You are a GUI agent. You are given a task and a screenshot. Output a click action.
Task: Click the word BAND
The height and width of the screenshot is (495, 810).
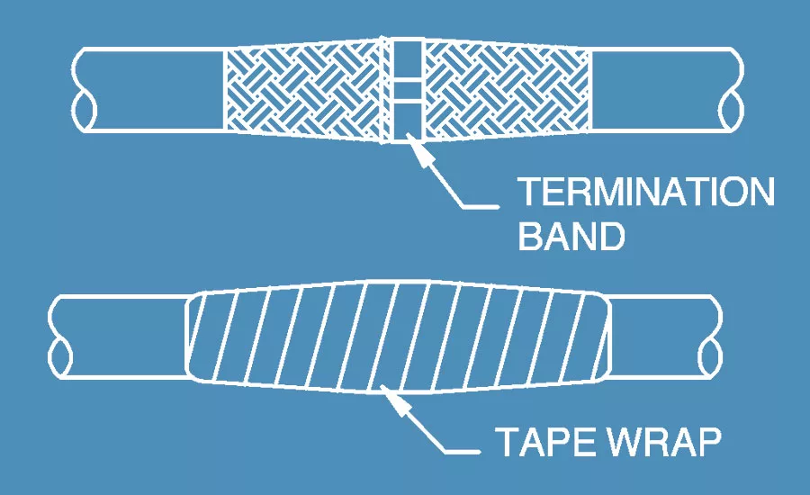click(x=571, y=236)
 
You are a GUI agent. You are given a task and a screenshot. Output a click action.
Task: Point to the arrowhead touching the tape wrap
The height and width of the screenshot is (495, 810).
click(x=395, y=401)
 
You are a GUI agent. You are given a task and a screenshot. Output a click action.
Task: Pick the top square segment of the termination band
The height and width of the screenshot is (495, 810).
click(x=408, y=60)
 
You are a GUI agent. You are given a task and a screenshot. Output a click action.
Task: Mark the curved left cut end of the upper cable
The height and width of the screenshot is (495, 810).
click(x=83, y=90)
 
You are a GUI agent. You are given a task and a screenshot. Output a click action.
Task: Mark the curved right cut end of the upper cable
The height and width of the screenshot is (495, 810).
click(x=732, y=90)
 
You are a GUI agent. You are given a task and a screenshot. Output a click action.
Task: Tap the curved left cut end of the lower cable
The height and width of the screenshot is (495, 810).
click(x=60, y=337)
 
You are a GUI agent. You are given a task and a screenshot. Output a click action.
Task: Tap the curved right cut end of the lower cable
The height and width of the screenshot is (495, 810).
click(x=711, y=337)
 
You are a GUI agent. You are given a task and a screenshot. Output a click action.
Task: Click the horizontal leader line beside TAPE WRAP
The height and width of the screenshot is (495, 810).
click(x=463, y=453)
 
